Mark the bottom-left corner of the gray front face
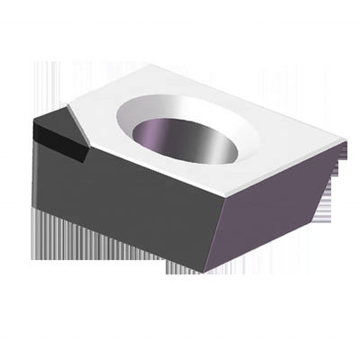tap(37, 208)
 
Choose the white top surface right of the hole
tap(288, 148)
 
